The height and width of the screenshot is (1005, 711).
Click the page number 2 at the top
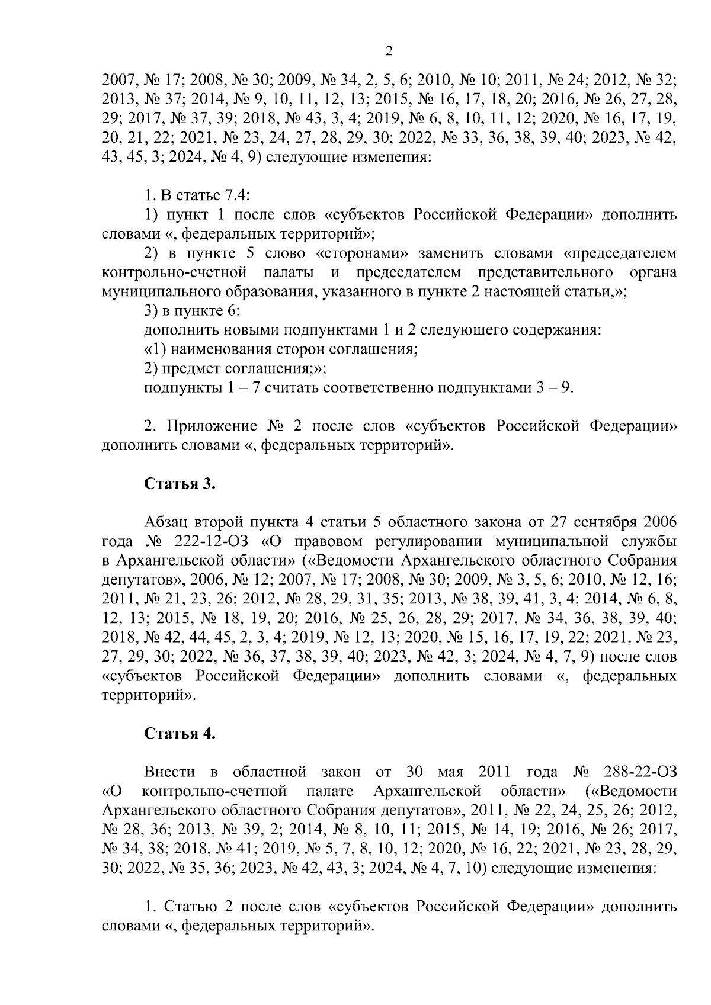389,51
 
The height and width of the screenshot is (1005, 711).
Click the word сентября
604,522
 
